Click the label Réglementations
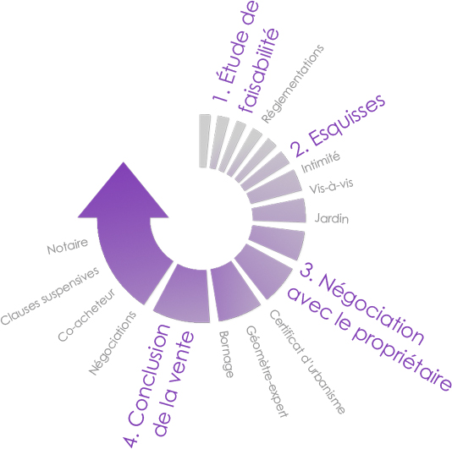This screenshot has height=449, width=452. pos(293,84)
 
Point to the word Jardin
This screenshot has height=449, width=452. pos(332,218)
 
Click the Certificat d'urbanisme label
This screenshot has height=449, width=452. pos(306,362)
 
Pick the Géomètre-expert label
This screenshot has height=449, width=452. pos(267,371)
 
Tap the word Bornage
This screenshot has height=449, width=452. pos(226,354)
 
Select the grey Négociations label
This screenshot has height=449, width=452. pos(113,342)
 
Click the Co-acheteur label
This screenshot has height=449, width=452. pos(86,315)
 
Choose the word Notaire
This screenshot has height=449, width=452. pos(68,247)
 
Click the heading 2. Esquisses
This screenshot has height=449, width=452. pos(338,125)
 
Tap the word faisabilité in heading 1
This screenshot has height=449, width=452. pos(260,71)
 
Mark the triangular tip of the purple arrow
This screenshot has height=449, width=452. pos(124,162)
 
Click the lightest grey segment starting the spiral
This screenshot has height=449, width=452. pos(204,140)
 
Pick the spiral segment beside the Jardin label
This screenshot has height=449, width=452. pos(278,211)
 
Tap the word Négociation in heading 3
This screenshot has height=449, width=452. pos(362,305)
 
